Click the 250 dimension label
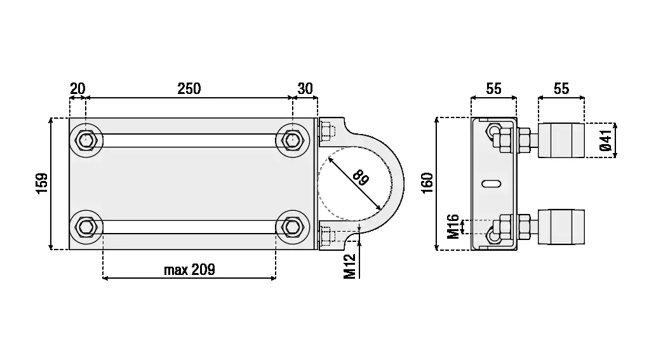189,88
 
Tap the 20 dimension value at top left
77,88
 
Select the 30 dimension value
305,88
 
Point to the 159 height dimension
42,183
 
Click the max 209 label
190,270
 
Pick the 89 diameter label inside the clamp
360,178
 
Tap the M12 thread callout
350,266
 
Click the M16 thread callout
453,226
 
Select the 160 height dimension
427,183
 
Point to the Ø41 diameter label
606,140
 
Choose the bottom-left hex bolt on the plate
86,227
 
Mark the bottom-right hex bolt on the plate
292,227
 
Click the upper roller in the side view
561,140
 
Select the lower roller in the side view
561,227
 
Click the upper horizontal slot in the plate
189,141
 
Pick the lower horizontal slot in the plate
189,227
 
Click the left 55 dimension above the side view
494,88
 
